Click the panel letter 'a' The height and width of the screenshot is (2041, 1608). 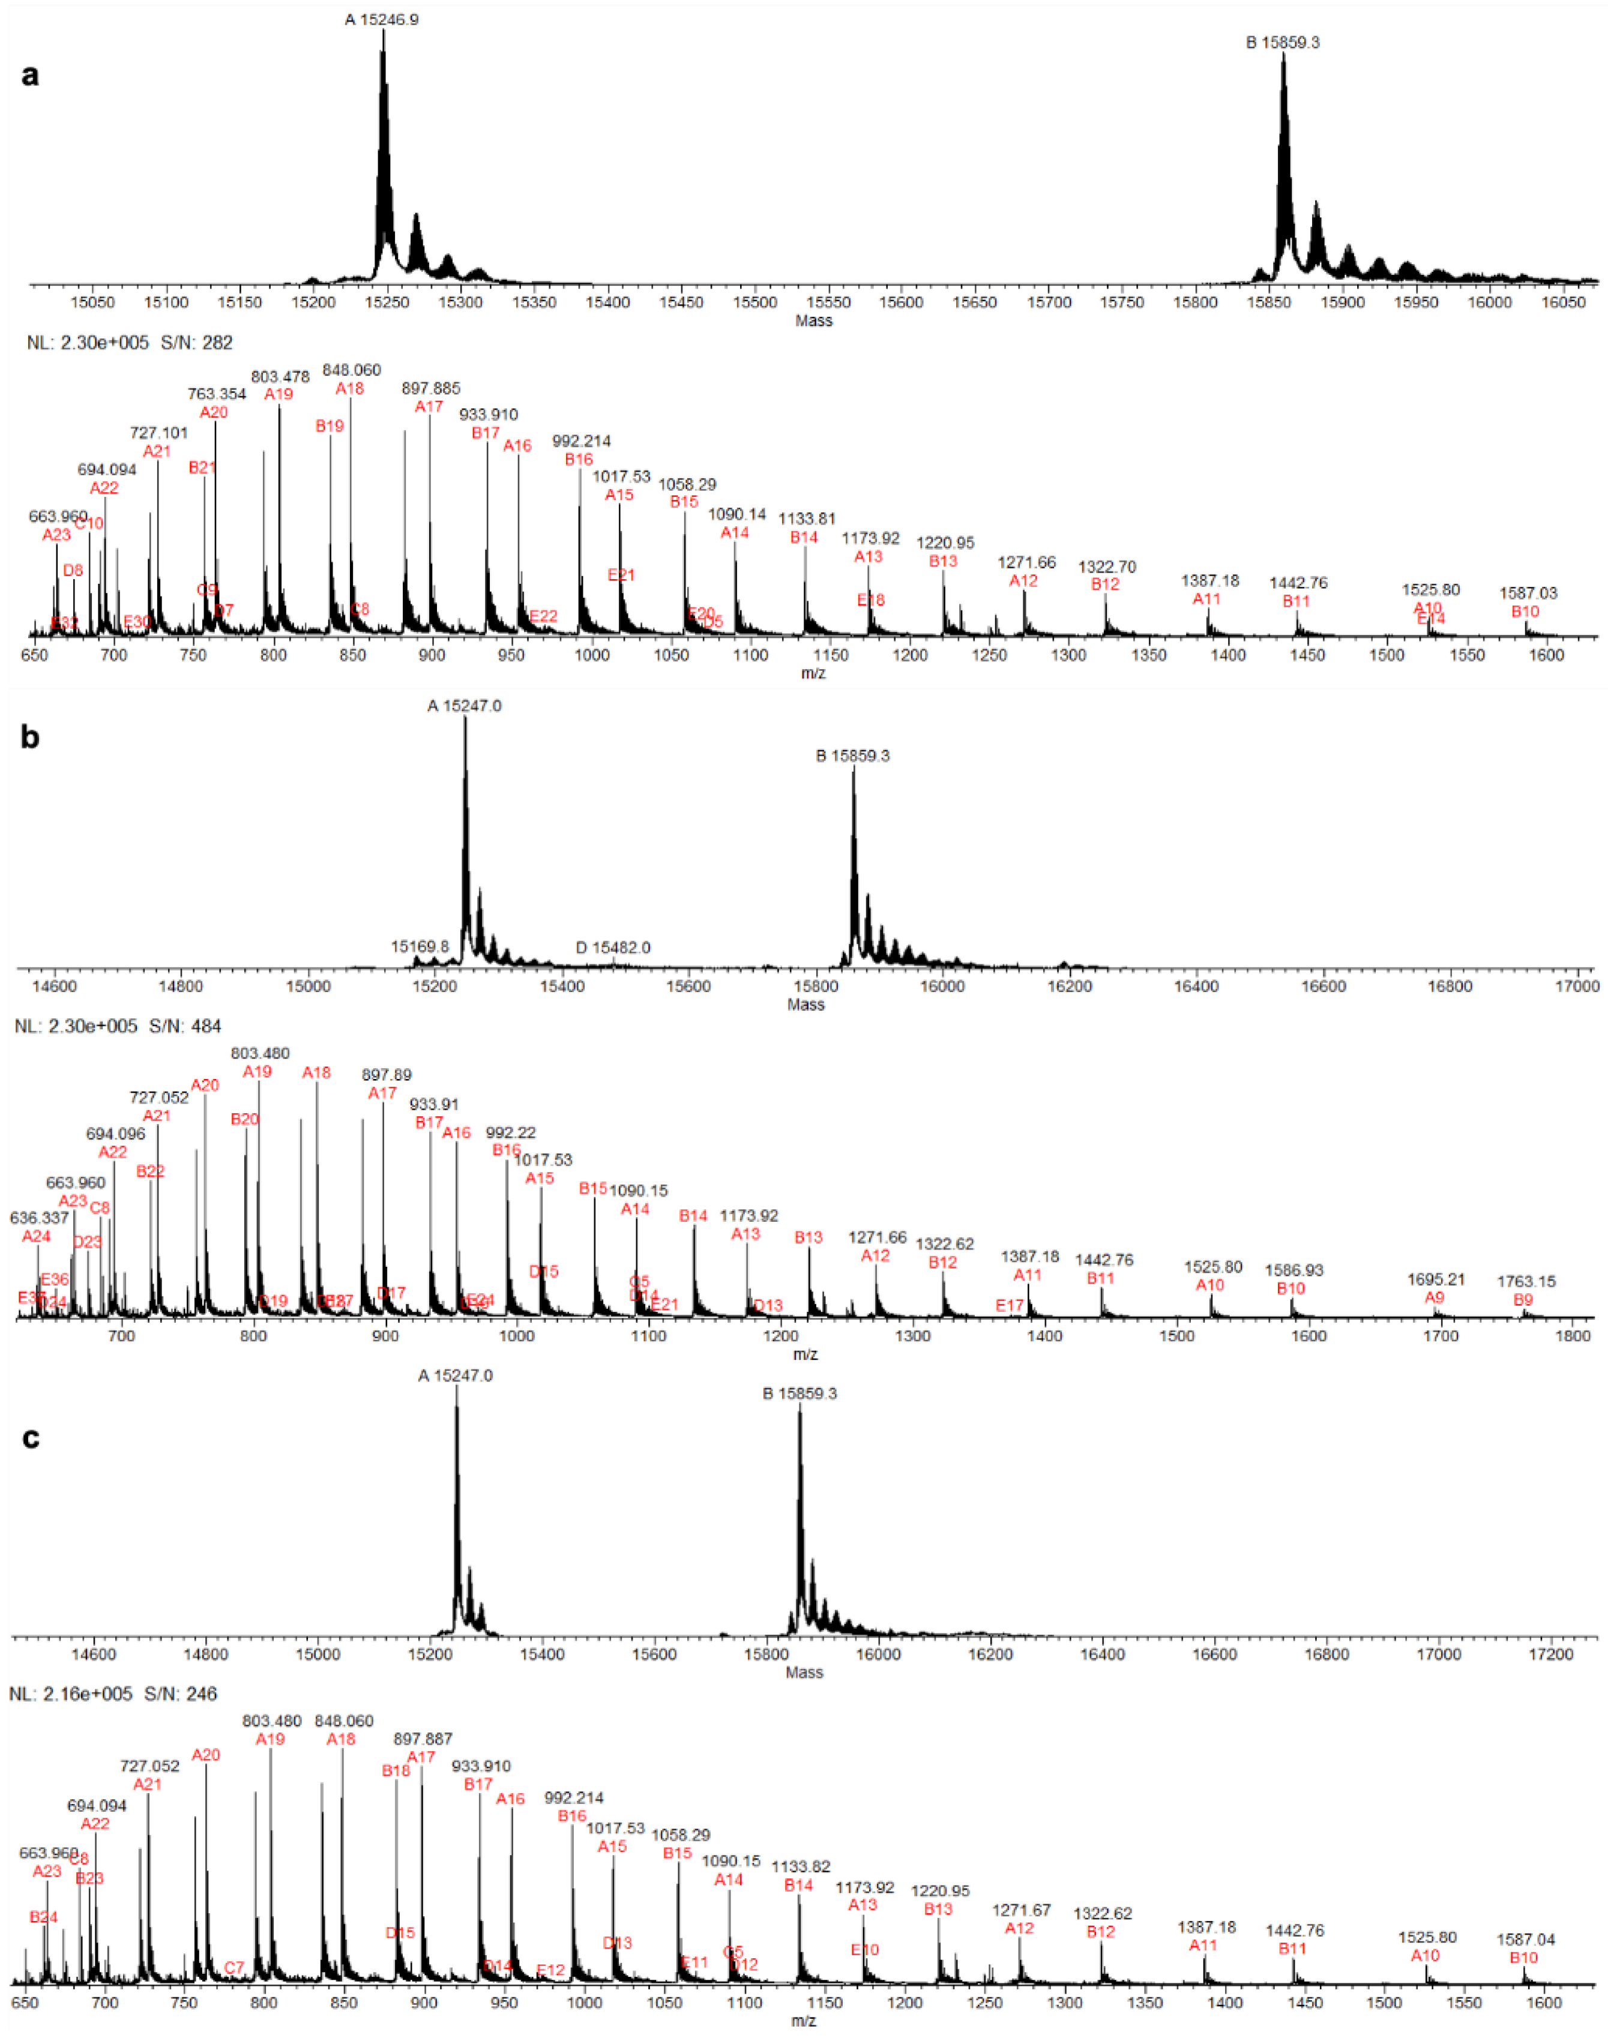30,74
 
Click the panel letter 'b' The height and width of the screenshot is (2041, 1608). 30,736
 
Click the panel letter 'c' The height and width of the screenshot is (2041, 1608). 30,1438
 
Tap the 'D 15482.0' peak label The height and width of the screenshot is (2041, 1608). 613,947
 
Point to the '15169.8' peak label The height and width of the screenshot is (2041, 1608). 420,946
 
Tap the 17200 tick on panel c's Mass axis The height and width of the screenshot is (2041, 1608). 1550,1654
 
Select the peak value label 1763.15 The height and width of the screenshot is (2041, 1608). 1526,1281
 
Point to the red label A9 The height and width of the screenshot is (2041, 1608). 1434,1298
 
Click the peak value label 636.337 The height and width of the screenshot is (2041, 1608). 40,1218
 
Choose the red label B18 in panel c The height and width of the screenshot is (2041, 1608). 396,1771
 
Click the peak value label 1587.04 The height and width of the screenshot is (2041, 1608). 1526,1940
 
